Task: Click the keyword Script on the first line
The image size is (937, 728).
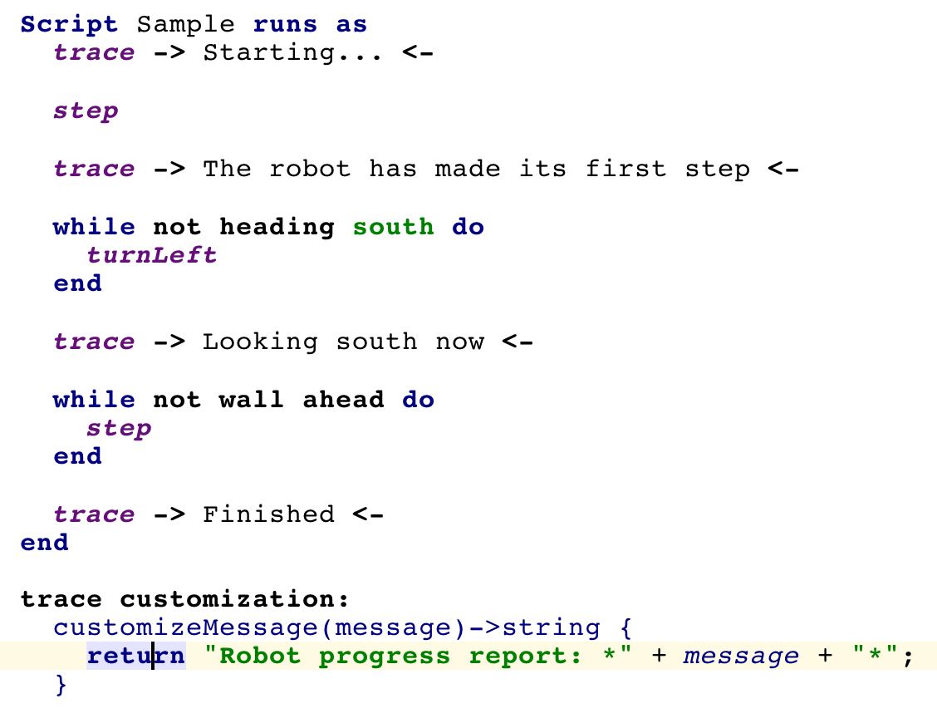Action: coord(69,25)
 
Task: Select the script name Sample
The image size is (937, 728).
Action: coord(185,25)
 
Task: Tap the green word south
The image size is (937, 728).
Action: coord(393,227)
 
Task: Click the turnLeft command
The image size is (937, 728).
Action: coord(152,256)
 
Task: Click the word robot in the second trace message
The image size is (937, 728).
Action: coord(310,170)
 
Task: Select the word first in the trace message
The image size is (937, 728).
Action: coord(625,169)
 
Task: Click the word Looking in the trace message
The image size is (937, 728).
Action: coord(260,342)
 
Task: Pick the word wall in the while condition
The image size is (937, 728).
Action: coord(251,400)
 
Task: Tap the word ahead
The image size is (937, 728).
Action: coord(343,400)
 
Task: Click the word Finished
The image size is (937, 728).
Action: coord(268,514)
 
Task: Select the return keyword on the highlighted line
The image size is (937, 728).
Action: coord(136,657)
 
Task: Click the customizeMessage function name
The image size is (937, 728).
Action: coord(185,627)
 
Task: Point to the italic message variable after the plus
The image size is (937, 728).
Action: coord(741,657)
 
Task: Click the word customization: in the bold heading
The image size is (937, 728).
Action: coord(234,599)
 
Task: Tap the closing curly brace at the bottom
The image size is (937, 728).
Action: coord(61,685)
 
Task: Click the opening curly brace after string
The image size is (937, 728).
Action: coord(625,628)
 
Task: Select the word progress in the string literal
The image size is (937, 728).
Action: coord(385,657)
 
